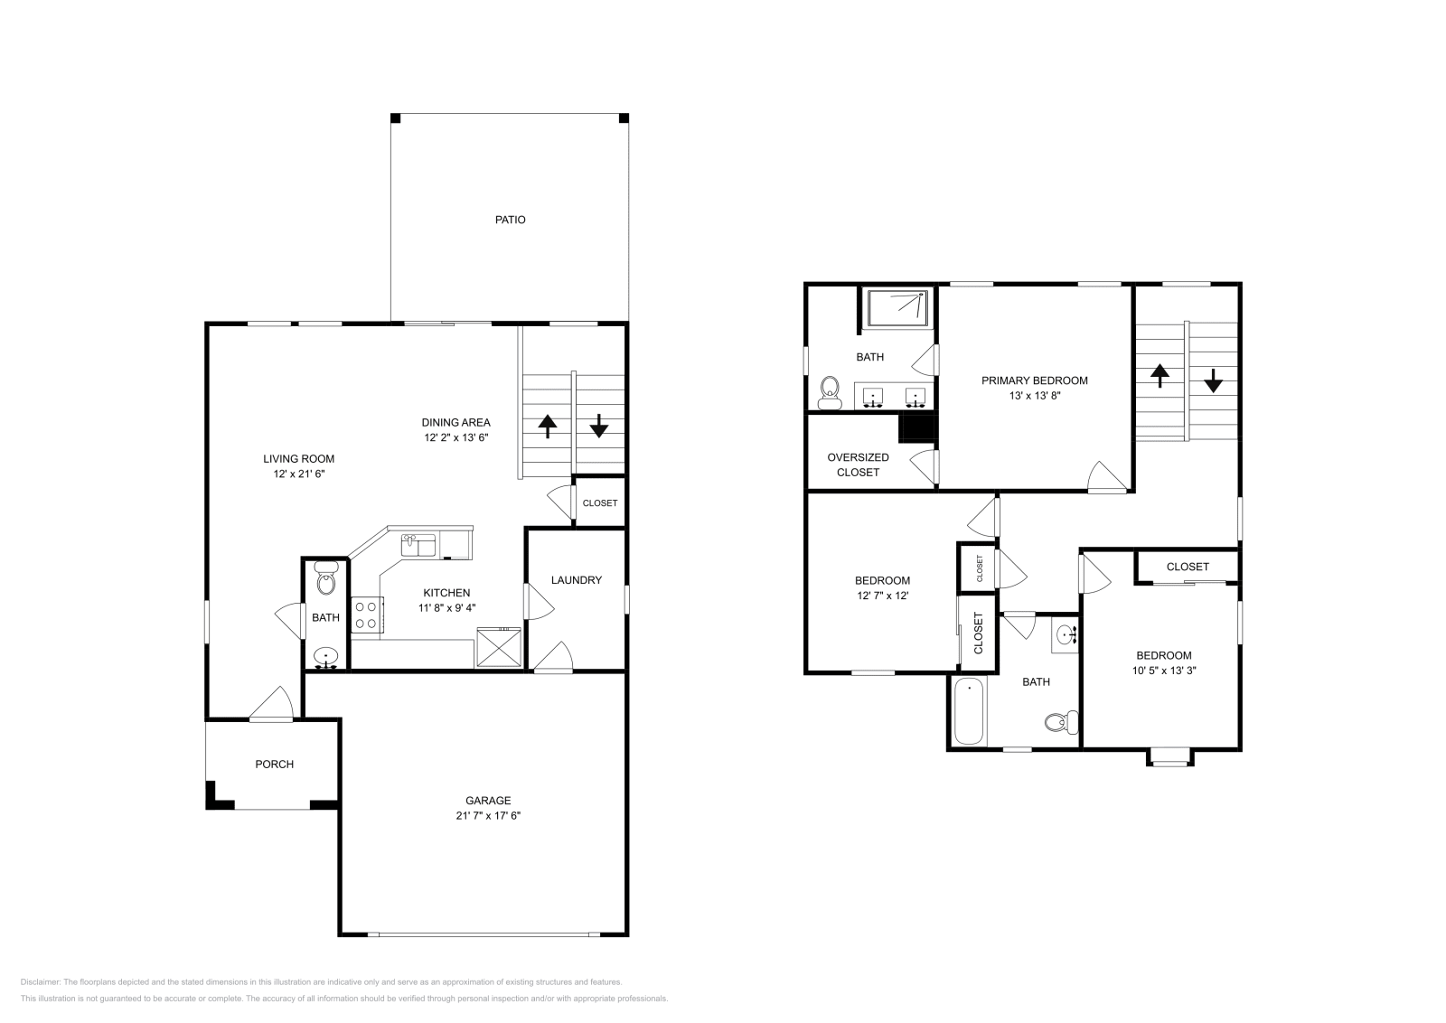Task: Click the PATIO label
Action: pyautogui.click(x=510, y=220)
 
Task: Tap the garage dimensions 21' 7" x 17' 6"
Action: pyautogui.click(x=488, y=815)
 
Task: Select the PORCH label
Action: pyautogui.click(x=274, y=765)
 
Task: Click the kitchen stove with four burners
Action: pyautogui.click(x=366, y=615)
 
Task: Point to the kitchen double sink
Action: pyautogui.click(x=418, y=546)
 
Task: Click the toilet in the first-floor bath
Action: pyautogui.click(x=326, y=581)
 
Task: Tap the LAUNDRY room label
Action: pyautogui.click(x=576, y=580)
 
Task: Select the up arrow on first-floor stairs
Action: pyautogui.click(x=547, y=426)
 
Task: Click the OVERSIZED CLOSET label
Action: pyautogui.click(x=858, y=465)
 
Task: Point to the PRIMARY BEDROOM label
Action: pyautogui.click(x=1035, y=380)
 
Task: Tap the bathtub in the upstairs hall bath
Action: pyautogui.click(x=968, y=711)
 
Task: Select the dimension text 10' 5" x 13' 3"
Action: pyautogui.click(x=1164, y=671)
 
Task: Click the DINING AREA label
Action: pyautogui.click(x=455, y=422)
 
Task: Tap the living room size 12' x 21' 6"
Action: pyautogui.click(x=298, y=474)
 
